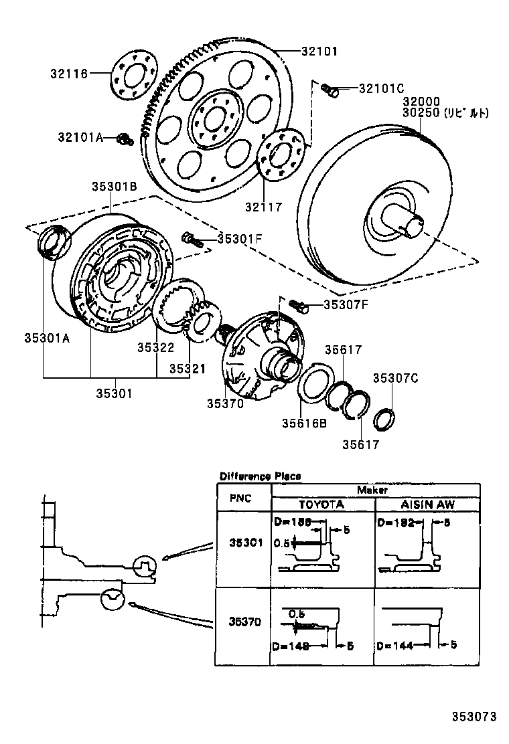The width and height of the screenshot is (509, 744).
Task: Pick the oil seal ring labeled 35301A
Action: (x=54, y=242)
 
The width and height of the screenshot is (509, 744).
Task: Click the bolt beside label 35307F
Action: (x=299, y=306)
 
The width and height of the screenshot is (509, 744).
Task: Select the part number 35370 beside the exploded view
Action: (x=225, y=403)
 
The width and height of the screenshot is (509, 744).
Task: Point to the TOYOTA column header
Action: (x=321, y=504)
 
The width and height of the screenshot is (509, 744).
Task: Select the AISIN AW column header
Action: (x=427, y=504)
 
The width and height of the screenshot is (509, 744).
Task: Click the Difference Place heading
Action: (x=260, y=476)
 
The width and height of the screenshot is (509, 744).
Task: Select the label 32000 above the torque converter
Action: (x=421, y=102)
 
